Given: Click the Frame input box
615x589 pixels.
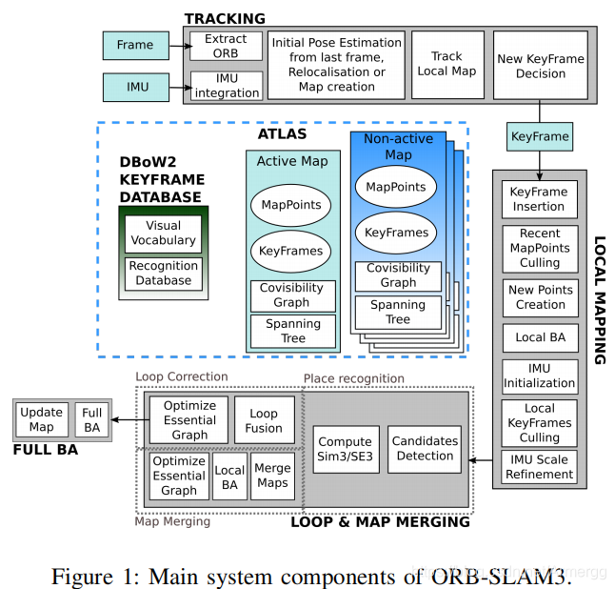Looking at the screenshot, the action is click(136, 46).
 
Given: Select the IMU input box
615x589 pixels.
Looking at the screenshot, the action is click(136, 87).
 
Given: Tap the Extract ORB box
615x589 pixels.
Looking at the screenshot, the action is click(226, 46).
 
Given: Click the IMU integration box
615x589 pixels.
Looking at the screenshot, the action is click(227, 86).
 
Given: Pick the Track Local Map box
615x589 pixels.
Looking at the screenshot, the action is click(447, 65).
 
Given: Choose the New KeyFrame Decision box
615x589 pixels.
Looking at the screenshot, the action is click(541, 65).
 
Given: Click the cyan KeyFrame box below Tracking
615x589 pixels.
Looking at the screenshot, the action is click(540, 136).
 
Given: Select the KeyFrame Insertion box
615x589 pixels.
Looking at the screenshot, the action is click(540, 199).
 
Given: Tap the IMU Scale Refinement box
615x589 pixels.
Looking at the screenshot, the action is click(539, 467).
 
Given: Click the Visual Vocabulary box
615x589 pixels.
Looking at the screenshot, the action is click(163, 234).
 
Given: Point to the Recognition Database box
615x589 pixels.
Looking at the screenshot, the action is click(164, 274).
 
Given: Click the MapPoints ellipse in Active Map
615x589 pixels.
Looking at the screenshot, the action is click(291, 205).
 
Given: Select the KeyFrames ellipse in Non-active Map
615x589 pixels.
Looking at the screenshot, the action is click(396, 233).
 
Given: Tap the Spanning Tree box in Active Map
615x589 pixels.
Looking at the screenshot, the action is click(293, 331).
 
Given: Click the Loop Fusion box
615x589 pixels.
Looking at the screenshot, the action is click(265, 419).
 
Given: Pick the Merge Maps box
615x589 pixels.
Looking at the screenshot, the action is click(272, 476).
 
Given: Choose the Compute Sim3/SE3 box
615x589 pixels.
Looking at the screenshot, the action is click(346, 449).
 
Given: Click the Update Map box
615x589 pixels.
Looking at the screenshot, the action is click(42, 419).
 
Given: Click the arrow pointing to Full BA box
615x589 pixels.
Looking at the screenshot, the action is click(130, 419).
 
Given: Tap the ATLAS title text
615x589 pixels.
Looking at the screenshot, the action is click(282, 133).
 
